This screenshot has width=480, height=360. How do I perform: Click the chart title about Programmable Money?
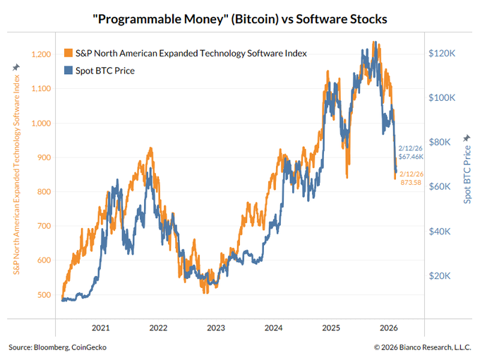coord(239,17)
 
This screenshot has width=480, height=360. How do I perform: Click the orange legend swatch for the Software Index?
coord(68,53)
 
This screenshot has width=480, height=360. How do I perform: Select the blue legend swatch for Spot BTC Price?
coord(68,71)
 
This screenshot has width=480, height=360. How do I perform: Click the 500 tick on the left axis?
coord(45,295)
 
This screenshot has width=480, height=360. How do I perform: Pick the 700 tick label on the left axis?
coord(45,226)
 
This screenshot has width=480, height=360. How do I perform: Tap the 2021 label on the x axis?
coord(100,328)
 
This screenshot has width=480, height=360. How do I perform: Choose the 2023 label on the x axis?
coord(216,328)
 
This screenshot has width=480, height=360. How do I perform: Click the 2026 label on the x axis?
coord(390,328)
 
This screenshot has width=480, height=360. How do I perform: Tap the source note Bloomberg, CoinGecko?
coord(59,347)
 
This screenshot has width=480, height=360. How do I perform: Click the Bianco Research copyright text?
coord(421,347)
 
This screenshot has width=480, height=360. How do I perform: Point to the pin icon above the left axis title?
coord(15,67)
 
